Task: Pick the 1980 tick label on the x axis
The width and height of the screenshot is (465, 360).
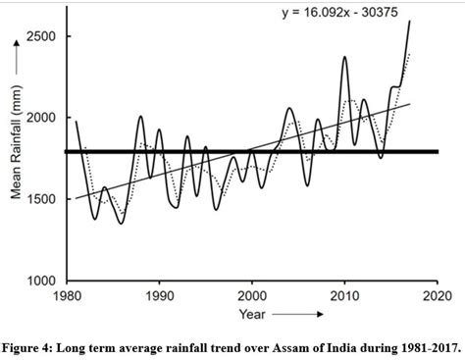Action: pyautogui.click(x=67, y=295)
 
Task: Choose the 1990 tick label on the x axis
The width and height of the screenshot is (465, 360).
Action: pyautogui.click(x=159, y=295)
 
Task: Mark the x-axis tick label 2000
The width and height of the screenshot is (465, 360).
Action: pyautogui.click(x=252, y=295)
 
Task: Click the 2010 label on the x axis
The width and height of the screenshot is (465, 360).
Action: pyautogui.click(x=344, y=295)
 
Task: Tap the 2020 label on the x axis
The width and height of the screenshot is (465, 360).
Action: pyautogui.click(x=437, y=295)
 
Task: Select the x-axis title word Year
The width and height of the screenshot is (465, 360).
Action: pyautogui.click(x=250, y=314)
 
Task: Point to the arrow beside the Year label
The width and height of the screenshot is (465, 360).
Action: pyautogui.click(x=298, y=315)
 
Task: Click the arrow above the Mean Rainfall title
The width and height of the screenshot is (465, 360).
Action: pyautogui.click(x=15, y=77)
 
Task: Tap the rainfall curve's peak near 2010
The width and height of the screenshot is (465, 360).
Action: pyautogui.click(x=344, y=57)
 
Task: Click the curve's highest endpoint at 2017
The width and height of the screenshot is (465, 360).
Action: pyautogui.click(x=409, y=22)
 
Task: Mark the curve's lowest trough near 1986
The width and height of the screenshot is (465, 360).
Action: pyautogui.click(x=122, y=223)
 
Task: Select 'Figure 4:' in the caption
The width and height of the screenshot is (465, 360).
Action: pyautogui.click(x=30, y=345)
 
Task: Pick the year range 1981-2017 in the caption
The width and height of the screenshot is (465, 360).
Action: pyautogui.click(x=422, y=345)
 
